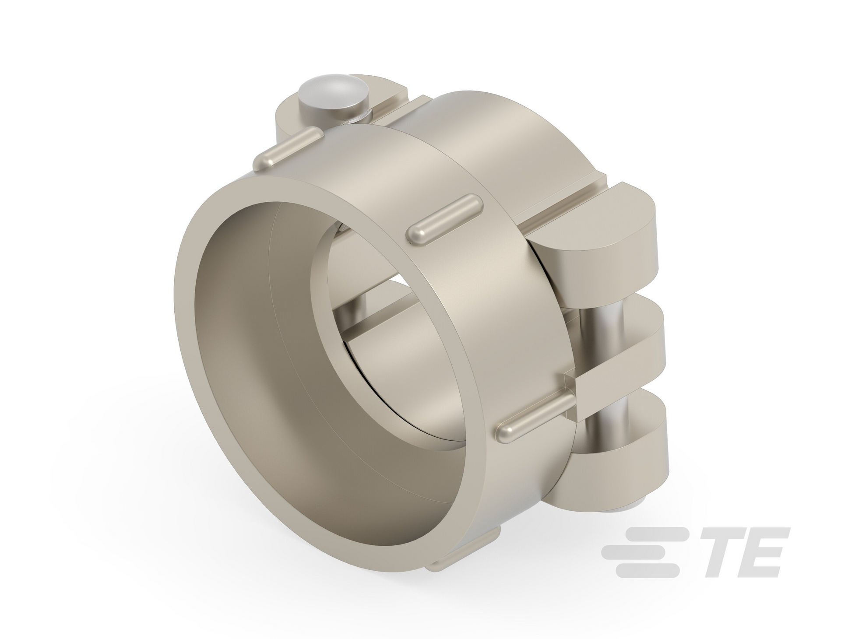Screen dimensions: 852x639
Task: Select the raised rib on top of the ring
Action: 444,218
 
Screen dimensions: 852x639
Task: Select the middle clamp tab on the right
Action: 617,346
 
